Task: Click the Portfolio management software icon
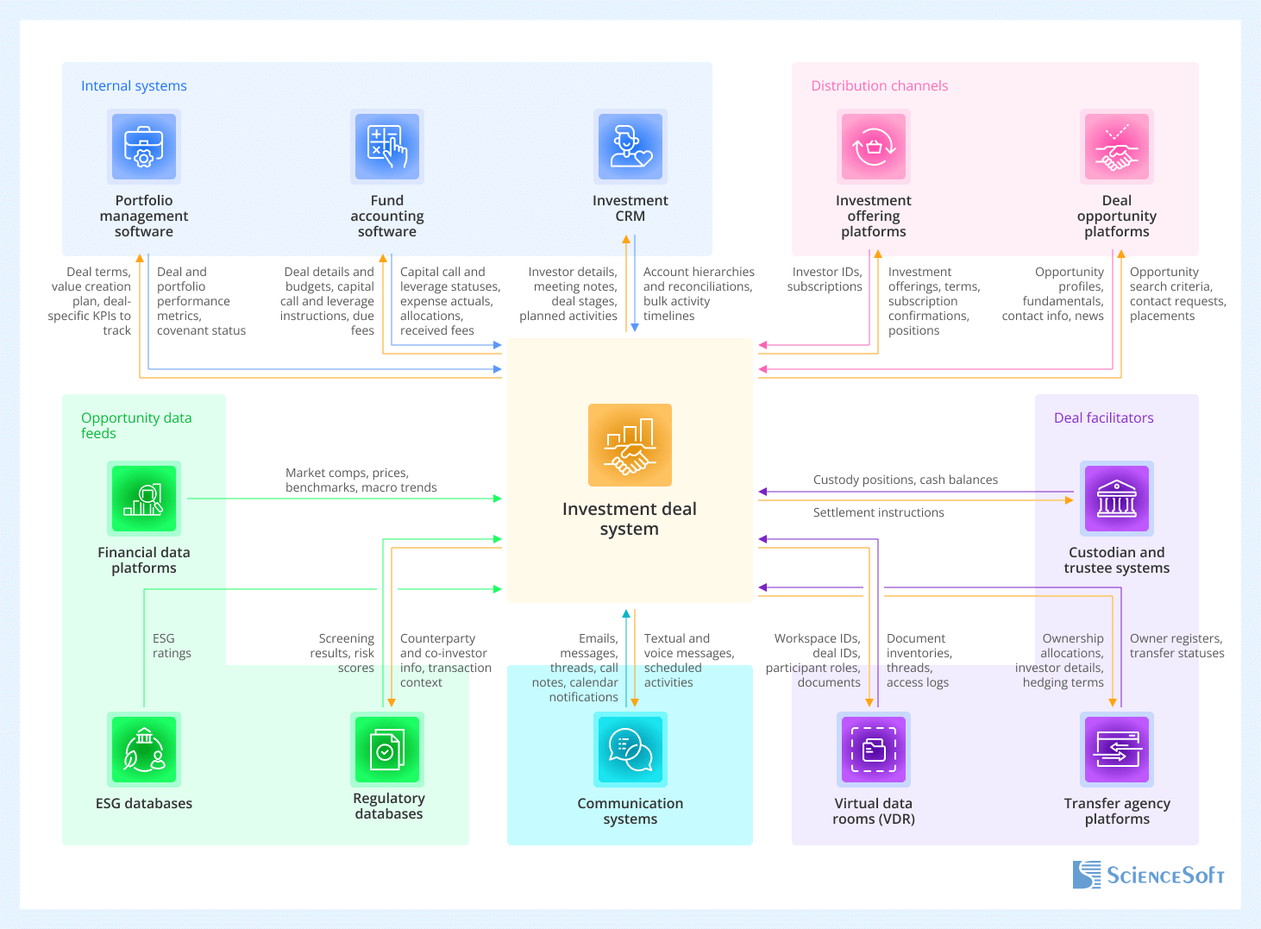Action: click(144, 146)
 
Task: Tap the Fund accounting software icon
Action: click(387, 146)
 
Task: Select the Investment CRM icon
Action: click(630, 146)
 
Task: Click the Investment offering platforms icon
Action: click(874, 146)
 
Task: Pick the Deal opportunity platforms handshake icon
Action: click(1117, 146)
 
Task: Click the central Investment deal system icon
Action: click(630, 445)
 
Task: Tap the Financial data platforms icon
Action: click(144, 499)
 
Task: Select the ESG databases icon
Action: click(144, 750)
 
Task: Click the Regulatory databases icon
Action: click(387, 750)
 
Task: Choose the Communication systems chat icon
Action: click(630, 750)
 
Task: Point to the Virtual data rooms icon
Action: click(874, 750)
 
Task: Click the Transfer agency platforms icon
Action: click(1117, 750)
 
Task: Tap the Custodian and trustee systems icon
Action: click(1117, 499)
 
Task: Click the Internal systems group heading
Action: click(134, 86)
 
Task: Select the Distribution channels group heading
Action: click(879, 86)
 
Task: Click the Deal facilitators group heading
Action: click(1103, 418)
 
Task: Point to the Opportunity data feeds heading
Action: click(136, 425)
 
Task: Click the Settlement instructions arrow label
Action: click(878, 512)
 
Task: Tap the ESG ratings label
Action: click(172, 646)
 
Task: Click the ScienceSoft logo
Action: click(1148, 875)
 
